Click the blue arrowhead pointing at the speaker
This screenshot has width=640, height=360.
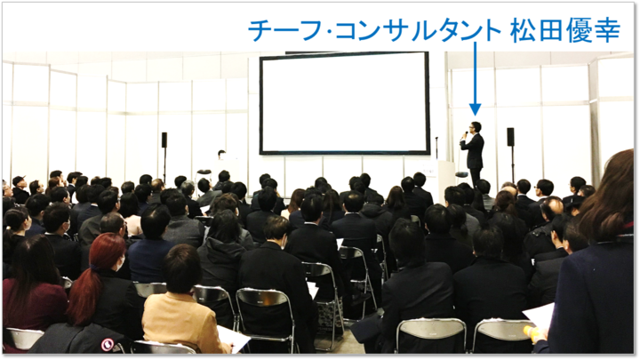tap(475, 109)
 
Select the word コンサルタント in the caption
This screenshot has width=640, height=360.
tap(418, 30)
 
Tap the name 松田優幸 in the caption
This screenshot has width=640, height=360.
tap(565, 30)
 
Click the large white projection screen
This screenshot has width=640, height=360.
tap(345, 103)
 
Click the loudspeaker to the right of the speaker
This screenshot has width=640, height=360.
tap(510, 137)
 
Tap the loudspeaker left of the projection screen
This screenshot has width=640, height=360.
tap(164, 140)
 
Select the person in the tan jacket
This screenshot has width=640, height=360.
tap(180, 302)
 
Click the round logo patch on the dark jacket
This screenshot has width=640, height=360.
tap(108, 345)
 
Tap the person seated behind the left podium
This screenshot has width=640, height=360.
tap(221, 155)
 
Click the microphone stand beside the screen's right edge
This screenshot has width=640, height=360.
tap(436, 148)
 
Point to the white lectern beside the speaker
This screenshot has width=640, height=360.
tap(445, 180)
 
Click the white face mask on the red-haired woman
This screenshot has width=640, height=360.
tap(119, 263)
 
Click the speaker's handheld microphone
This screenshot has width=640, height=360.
tap(465, 134)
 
